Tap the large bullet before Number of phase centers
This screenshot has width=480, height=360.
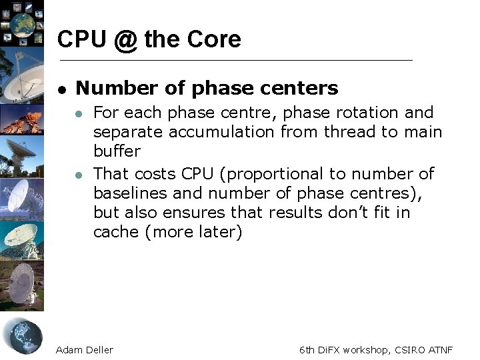[61, 89]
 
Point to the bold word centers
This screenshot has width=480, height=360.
[303, 88]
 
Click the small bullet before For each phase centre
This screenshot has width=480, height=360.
[79, 113]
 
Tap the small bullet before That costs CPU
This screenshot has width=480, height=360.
[79, 175]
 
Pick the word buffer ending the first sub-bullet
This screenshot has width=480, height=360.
[117, 151]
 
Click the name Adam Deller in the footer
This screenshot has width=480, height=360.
[85, 349]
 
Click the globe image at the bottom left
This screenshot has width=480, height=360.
[23, 336]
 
